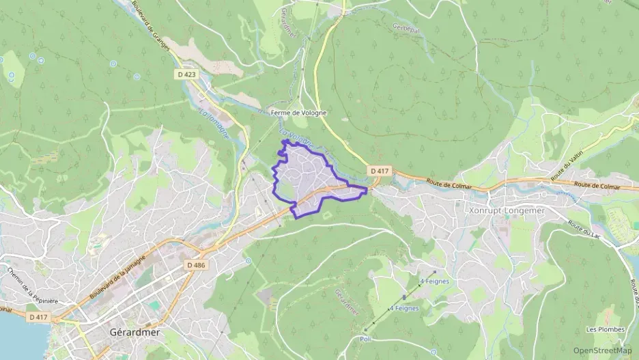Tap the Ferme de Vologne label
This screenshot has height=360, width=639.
pos(298,113)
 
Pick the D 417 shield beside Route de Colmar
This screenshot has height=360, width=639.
pos(380,170)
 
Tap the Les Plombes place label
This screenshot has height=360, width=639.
pos(605,329)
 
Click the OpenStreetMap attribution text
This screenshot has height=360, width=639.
pos(602,350)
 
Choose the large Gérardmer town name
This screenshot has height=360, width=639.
pos(134,333)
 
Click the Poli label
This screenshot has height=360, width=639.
pos(365,338)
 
